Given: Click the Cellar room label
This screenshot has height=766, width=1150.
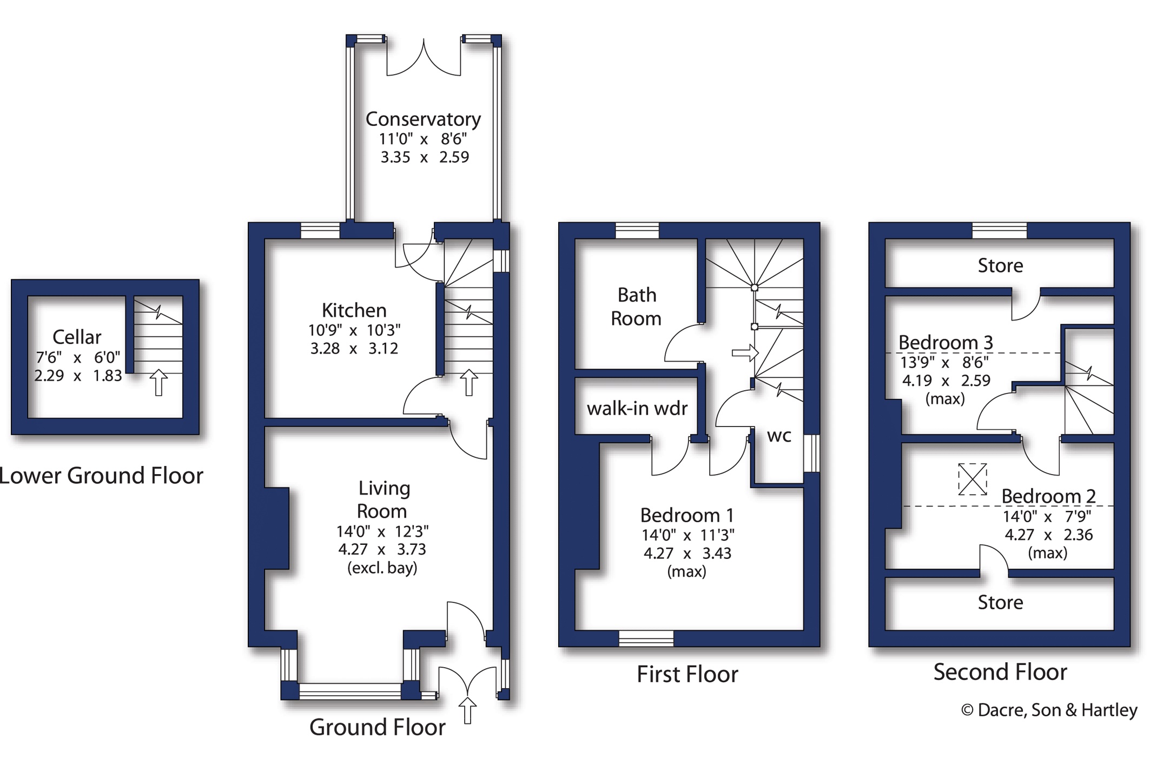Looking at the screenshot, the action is click(77, 337).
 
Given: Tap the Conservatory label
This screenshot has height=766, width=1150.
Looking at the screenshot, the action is click(423, 119).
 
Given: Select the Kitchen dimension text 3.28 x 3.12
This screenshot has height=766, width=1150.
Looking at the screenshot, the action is click(354, 349).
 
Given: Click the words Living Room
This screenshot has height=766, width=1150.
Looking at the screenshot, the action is click(383, 499).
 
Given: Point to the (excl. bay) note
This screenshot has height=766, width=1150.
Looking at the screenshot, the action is click(382, 568).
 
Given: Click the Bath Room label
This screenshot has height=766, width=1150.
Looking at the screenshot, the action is click(636, 307).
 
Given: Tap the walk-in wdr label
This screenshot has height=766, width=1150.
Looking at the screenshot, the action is click(637, 409).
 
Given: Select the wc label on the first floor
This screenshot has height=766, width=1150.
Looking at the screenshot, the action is click(779, 436).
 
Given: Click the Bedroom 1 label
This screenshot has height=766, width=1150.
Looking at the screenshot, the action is click(687, 515).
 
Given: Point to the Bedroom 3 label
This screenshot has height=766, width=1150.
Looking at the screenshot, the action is click(946, 342).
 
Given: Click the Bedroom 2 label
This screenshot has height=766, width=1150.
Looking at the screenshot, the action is click(1048, 496).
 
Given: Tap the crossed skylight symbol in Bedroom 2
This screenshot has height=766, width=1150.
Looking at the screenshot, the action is click(972, 479).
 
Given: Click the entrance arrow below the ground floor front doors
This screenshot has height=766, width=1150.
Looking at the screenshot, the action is click(467, 710).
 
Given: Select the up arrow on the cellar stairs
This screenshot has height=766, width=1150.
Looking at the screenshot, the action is click(158, 382).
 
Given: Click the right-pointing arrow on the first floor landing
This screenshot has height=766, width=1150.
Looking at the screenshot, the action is click(745, 353).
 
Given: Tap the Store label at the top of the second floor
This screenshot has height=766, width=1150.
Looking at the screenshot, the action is click(1000, 266).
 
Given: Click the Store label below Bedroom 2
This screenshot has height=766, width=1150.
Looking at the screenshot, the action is click(1000, 603).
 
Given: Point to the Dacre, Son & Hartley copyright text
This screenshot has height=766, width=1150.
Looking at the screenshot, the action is click(1049, 710).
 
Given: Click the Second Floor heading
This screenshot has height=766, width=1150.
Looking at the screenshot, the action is click(1000, 672).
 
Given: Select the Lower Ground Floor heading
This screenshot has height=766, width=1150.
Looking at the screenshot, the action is click(101, 476).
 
